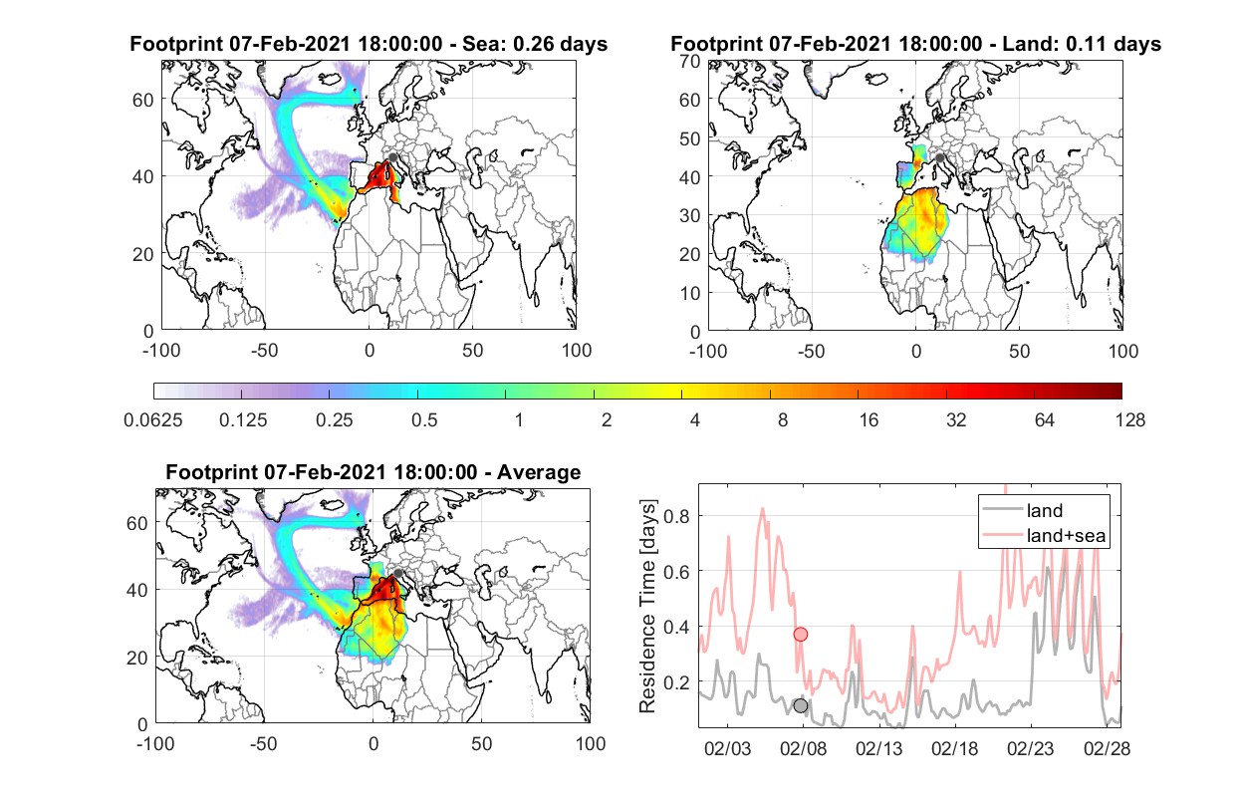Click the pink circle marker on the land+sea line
801,634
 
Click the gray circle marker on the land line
801,706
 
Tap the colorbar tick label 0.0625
153,420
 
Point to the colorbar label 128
1130,420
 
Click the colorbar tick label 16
869,420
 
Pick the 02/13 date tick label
879,749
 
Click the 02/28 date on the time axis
1107,749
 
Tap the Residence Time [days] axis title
647,607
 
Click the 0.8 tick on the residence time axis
676,516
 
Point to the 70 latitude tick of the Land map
690,61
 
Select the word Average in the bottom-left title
539,472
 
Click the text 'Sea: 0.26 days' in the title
535,44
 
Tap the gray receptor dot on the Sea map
392,157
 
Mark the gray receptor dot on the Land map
939,158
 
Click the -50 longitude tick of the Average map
264,743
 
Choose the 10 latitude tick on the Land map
690,293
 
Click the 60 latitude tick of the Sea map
143,100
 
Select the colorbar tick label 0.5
424,420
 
